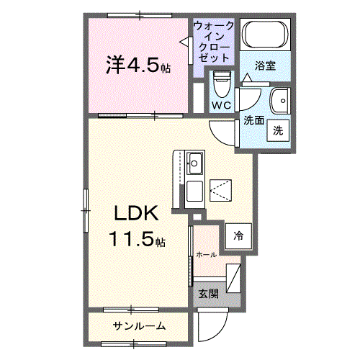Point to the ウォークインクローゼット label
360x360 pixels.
pyautogui.click(x=213, y=41)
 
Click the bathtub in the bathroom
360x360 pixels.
pyautogui.click(x=264, y=35)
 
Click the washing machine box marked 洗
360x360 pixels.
pyautogui.click(x=277, y=131)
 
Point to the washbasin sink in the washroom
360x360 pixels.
pyautogui.click(x=279, y=101)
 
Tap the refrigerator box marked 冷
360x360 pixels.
pyautogui.click(x=237, y=235)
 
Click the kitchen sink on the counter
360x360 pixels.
pyautogui.click(x=194, y=163)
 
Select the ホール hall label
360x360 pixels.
pyautogui.click(x=207, y=255)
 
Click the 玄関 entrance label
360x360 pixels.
pyautogui.click(x=208, y=293)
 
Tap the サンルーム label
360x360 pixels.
pyautogui.click(x=139, y=327)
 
